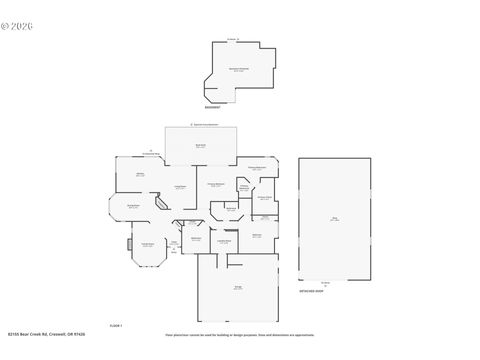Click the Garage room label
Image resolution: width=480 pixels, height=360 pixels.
[x=238, y=287]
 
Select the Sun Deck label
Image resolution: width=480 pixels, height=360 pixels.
[x=200, y=146]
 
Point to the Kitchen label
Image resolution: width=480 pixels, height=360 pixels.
[x=140, y=175]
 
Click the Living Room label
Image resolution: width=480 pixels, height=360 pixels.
[x=181, y=187]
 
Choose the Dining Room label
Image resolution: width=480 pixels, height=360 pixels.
[x=132, y=206]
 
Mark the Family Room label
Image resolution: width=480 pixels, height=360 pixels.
[x=147, y=245]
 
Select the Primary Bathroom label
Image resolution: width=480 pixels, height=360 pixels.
[x=257, y=168]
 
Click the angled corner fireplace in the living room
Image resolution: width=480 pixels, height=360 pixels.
[x=161, y=203]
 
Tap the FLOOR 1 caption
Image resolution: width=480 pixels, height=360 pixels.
[x=115, y=326]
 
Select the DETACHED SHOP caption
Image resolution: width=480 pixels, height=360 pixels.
[x=313, y=287]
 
